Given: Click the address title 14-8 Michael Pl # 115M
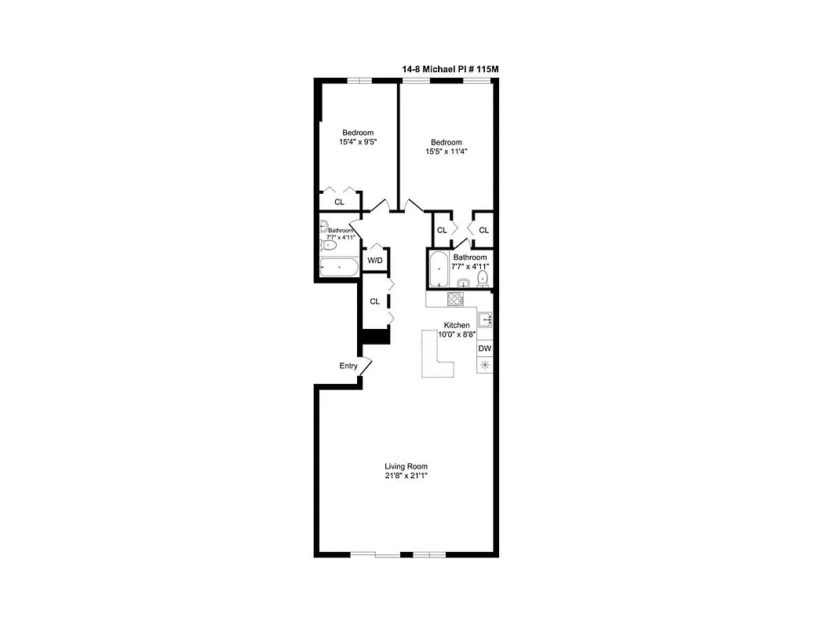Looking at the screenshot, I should click(x=450, y=70).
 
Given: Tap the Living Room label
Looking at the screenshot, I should click(x=406, y=466).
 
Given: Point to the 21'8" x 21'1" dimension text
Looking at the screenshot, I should click(x=406, y=476).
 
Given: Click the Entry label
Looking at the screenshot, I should click(x=348, y=366).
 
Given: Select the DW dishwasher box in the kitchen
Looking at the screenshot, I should click(x=485, y=349).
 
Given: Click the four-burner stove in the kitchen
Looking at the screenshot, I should click(x=454, y=298).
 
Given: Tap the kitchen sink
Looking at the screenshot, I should click(x=485, y=319).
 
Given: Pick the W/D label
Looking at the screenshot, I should click(x=376, y=260).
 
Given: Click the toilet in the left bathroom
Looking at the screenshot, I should click(x=330, y=246).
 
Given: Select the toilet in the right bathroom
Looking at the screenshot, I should click(x=483, y=278).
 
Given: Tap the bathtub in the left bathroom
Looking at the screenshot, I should click(x=339, y=268).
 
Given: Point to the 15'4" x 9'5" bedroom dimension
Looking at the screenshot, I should click(x=357, y=142).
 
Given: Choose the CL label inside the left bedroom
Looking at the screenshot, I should click(x=339, y=202).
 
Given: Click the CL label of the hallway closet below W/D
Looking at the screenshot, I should click(x=374, y=301).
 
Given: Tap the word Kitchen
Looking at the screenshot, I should click(x=457, y=325).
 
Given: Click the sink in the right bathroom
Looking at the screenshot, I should click(x=463, y=283).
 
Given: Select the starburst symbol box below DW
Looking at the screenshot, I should click(x=485, y=364).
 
